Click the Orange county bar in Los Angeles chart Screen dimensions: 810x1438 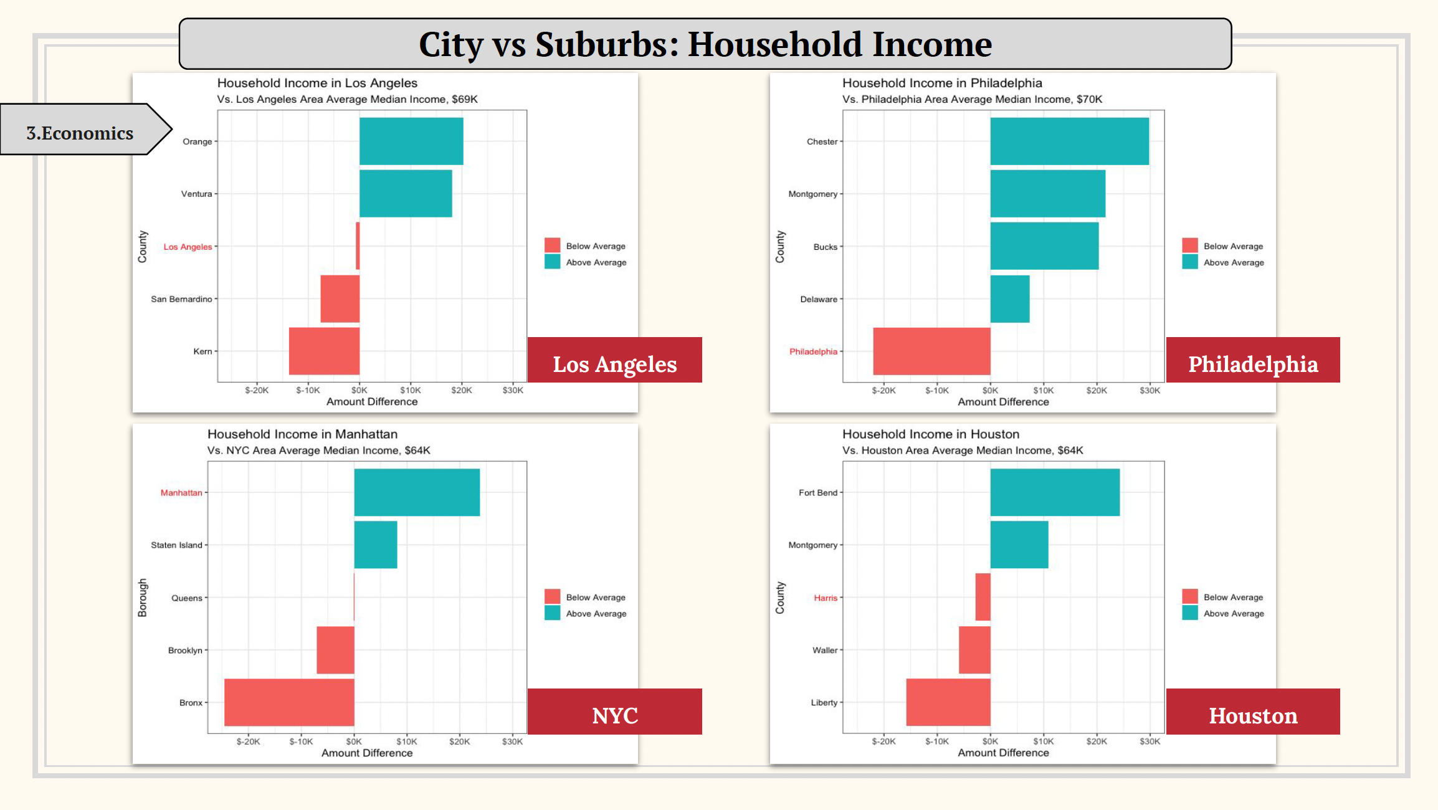411,141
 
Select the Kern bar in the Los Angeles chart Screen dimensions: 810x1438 324,351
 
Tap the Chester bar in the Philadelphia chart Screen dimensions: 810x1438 1069,141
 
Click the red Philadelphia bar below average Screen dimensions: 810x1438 931,351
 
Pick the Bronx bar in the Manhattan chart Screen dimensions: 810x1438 289,702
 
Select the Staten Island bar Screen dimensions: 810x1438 375,545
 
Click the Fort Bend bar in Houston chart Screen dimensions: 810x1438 1055,492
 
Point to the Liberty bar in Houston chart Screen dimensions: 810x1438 948,702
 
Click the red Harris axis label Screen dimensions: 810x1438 825,598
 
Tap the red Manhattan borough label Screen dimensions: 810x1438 181,492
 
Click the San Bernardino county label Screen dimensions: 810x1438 181,299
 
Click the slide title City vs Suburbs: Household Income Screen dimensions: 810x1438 705,44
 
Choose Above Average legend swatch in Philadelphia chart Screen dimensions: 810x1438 1189,262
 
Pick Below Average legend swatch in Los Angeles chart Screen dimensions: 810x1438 552,245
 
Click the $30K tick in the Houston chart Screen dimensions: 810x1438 1150,741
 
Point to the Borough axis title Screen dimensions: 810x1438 143,598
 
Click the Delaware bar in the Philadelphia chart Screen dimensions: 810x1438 1009,299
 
